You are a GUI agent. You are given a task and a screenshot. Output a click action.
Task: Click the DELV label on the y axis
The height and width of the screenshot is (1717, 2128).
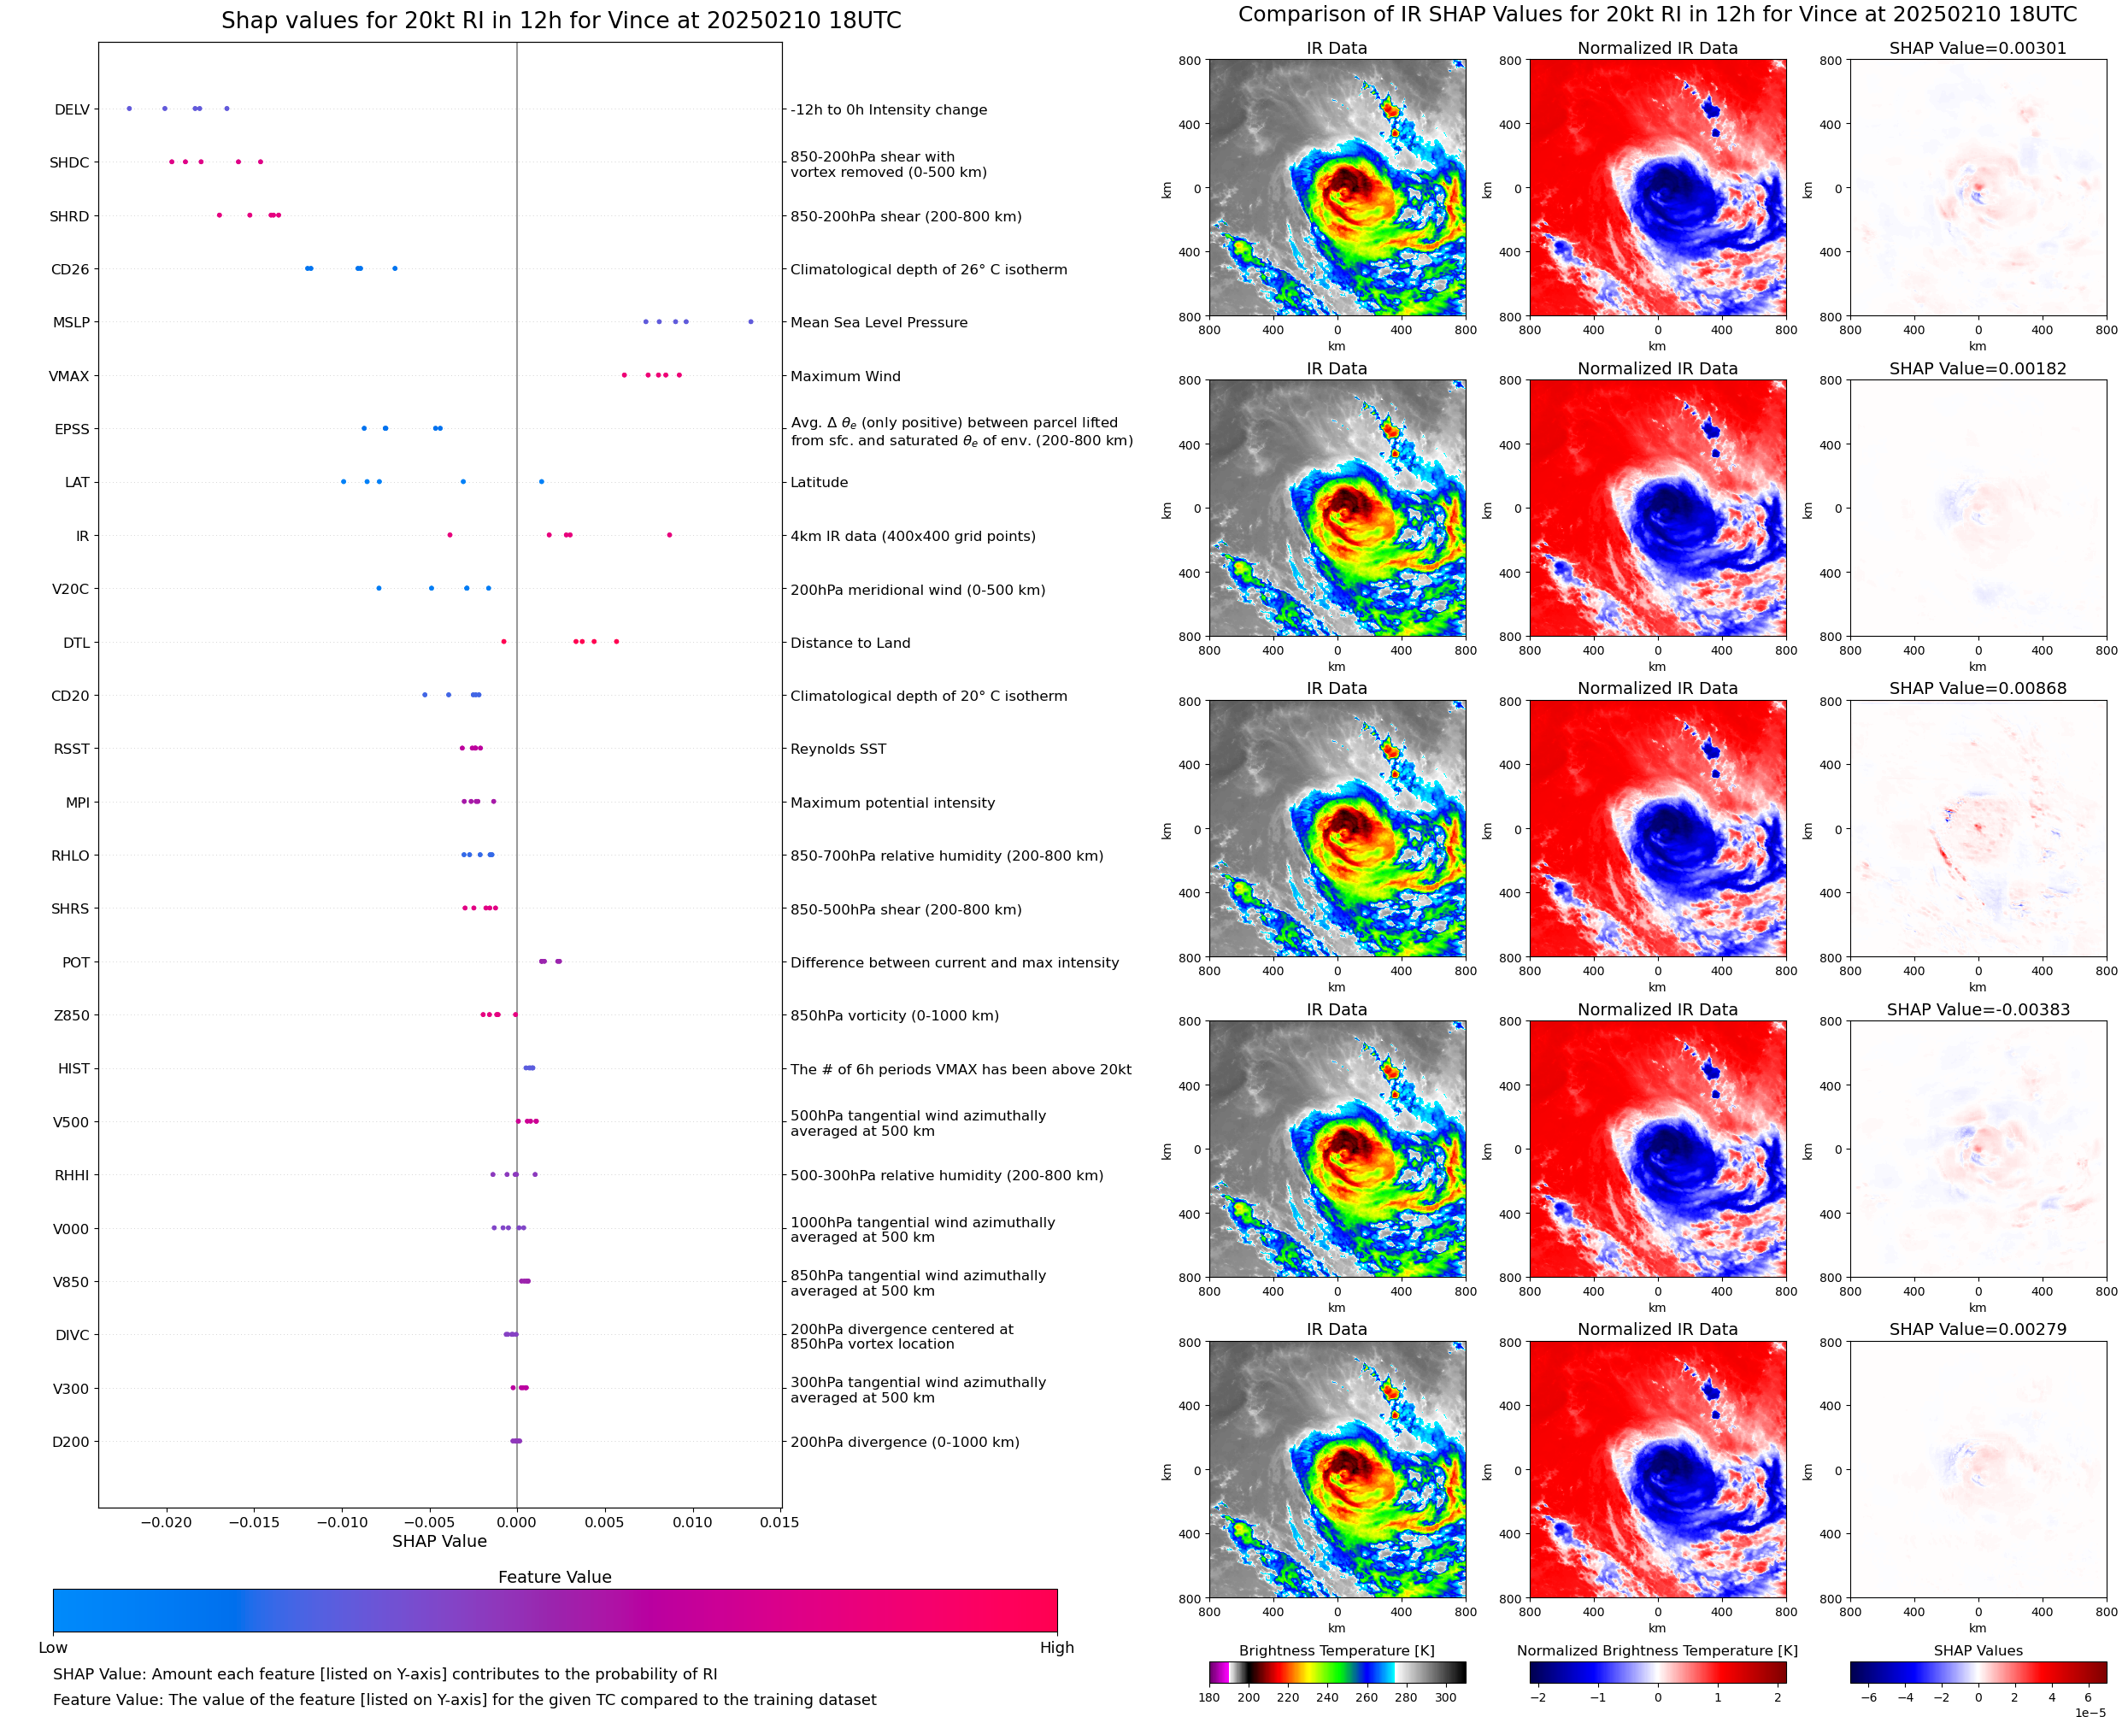(71, 109)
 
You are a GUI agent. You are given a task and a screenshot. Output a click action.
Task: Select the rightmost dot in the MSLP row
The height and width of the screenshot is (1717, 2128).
(750, 321)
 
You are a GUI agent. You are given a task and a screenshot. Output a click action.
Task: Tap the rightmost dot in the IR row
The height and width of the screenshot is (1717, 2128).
(669, 535)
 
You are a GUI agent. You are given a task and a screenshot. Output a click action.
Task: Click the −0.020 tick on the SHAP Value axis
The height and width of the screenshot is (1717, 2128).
(166, 1522)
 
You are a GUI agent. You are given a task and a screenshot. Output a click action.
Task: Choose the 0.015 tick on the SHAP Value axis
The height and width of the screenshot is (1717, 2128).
(779, 1522)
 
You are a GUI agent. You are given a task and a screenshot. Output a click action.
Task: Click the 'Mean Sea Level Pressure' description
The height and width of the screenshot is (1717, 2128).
(878, 322)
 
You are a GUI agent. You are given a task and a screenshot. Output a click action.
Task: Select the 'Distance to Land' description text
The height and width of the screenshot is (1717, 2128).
(849, 643)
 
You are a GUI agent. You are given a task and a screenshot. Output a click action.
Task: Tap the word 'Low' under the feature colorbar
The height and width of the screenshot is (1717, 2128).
(52, 1648)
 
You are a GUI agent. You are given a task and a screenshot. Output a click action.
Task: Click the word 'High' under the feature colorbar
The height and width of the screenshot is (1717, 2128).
(1056, 1648)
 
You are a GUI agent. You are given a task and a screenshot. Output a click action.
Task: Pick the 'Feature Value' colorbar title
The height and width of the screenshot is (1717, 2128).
(555, 1578)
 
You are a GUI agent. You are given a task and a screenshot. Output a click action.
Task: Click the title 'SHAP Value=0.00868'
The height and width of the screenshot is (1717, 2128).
(1978, 688)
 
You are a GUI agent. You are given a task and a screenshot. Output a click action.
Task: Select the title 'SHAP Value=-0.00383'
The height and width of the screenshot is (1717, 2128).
(1978, 1010)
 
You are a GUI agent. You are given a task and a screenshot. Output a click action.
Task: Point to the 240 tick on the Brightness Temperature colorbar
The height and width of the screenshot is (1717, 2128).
(1327, 1697)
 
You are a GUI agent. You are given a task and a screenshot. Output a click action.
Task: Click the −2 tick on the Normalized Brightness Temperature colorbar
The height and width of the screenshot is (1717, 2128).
(1537, 1697)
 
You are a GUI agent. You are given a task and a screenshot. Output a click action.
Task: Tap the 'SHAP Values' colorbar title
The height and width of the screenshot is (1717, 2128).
(1978, 1650)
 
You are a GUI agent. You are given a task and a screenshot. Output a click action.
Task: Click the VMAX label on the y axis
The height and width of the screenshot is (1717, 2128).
(69, 377)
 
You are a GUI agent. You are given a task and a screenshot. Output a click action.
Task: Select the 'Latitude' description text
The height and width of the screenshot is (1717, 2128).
(819, 483)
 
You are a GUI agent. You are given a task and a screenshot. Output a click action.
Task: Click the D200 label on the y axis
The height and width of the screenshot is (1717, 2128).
(70, 1442)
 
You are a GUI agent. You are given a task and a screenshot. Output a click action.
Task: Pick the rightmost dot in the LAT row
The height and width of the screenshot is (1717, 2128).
(541, 482)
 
